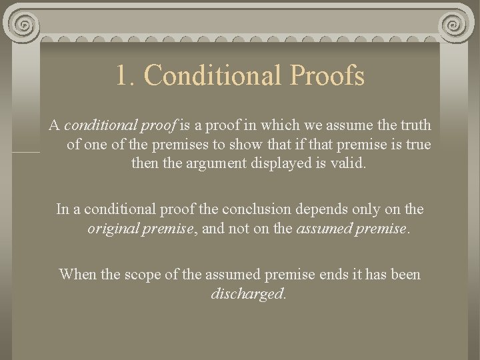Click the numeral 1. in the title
(x=125, y=76)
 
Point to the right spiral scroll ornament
(x=455, y=27)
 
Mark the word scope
(x=139, y=274)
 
